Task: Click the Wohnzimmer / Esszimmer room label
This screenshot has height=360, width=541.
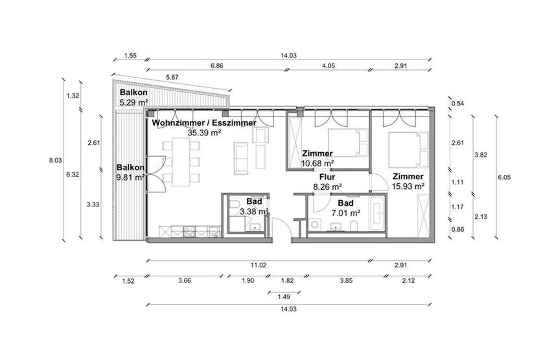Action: pyautogui.click(x=203, y=122)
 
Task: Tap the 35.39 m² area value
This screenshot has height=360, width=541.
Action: pyautogui.click(x=204, y=132)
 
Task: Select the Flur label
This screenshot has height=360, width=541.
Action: pyautogui.click(x=327, y=176)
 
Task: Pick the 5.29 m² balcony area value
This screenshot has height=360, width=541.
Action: pyautogui.click(x=133, y=102)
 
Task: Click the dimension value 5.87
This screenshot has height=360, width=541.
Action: pyautogui.click(x=172, y=77)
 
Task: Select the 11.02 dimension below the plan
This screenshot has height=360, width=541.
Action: pyautogui.click(x=259, y=265)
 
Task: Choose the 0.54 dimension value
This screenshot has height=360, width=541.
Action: pyautogui.click(x=458, y=103)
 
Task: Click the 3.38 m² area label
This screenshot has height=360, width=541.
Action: pyautogui.click(x=254, y=211)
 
